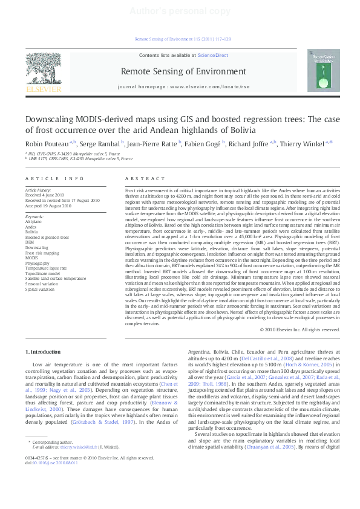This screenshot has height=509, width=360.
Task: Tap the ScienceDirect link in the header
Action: pyautogui.click(x=213, y=55)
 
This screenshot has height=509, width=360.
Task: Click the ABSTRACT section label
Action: pyautogui.click(x=145, y=179)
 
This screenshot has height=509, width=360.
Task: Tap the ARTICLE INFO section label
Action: pyautogui.click(x=54, y=179)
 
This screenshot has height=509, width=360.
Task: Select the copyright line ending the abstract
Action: pyautogui.click(x=299, y=329)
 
